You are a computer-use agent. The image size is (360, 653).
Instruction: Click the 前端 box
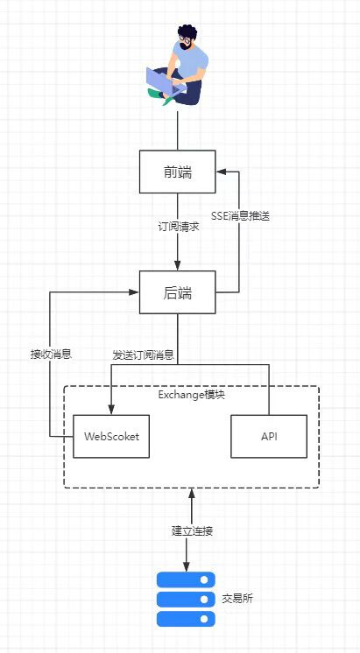177,172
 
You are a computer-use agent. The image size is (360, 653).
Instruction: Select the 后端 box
177,292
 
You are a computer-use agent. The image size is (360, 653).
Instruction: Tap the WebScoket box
111,436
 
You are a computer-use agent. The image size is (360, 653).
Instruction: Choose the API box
269,436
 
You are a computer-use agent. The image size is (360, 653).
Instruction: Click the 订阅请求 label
179,228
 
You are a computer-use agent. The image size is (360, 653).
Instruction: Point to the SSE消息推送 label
241,216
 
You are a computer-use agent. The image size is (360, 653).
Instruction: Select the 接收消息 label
52,355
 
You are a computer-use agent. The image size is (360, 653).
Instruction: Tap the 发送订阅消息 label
143,355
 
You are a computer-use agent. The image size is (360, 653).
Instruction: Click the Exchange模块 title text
191,395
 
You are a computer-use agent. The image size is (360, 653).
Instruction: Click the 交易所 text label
237,600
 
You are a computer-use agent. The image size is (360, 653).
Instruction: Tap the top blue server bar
186,579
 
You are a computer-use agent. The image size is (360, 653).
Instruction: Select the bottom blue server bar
186,619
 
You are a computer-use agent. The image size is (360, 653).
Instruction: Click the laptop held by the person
165,80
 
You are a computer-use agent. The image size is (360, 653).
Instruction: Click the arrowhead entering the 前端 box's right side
221,172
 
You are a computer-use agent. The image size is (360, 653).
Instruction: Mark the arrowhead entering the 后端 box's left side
134,292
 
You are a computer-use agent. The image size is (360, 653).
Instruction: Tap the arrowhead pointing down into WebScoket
111,410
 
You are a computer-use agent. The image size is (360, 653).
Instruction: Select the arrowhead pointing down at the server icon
186,566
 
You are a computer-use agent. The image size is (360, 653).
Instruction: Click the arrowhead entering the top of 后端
178,265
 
